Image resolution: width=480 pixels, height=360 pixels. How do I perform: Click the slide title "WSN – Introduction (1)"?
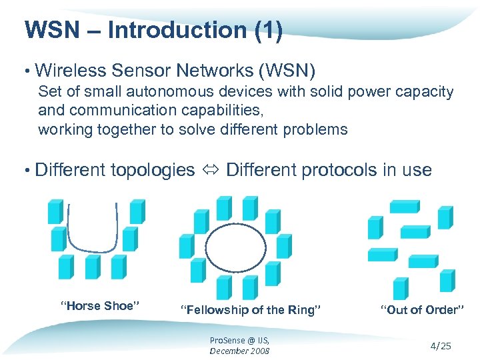pos(153,30)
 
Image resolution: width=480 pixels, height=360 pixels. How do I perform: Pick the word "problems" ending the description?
pos(315,129)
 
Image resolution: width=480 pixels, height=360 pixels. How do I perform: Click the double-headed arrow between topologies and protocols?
pos(210,171)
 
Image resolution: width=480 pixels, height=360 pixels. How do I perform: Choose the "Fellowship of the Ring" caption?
pos(251,309)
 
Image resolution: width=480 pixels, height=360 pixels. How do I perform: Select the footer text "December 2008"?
pos(239,351)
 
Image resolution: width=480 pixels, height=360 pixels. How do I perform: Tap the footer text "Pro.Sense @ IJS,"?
pos(239,340)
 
